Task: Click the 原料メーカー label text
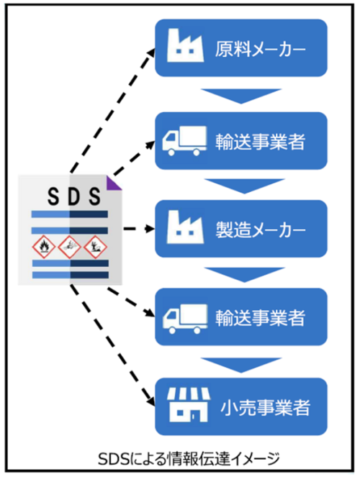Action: (260, 49)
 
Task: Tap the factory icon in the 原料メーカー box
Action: (185, 45)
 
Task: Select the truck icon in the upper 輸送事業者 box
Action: (184, 141)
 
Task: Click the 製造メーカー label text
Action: (260, 230)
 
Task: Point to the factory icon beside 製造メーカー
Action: (185, 227)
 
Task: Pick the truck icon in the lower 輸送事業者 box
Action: (185, 319)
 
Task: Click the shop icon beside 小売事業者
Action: (189, 404)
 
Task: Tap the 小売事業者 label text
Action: (265, 408)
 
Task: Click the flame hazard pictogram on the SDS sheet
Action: (44, 247)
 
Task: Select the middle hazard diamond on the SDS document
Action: (69, 247)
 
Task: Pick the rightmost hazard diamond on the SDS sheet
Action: (95, 247)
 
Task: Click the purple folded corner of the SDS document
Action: (112, 185)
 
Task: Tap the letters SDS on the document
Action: (74, 196)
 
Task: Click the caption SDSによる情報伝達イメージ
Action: (189, 459)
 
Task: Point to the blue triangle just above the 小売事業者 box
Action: (241, 365)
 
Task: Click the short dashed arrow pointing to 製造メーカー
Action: (139, 229)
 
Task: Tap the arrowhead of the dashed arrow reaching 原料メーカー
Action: (151, 53)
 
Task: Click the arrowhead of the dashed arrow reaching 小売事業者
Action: (150, 401)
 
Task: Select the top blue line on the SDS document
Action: (70, 214)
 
